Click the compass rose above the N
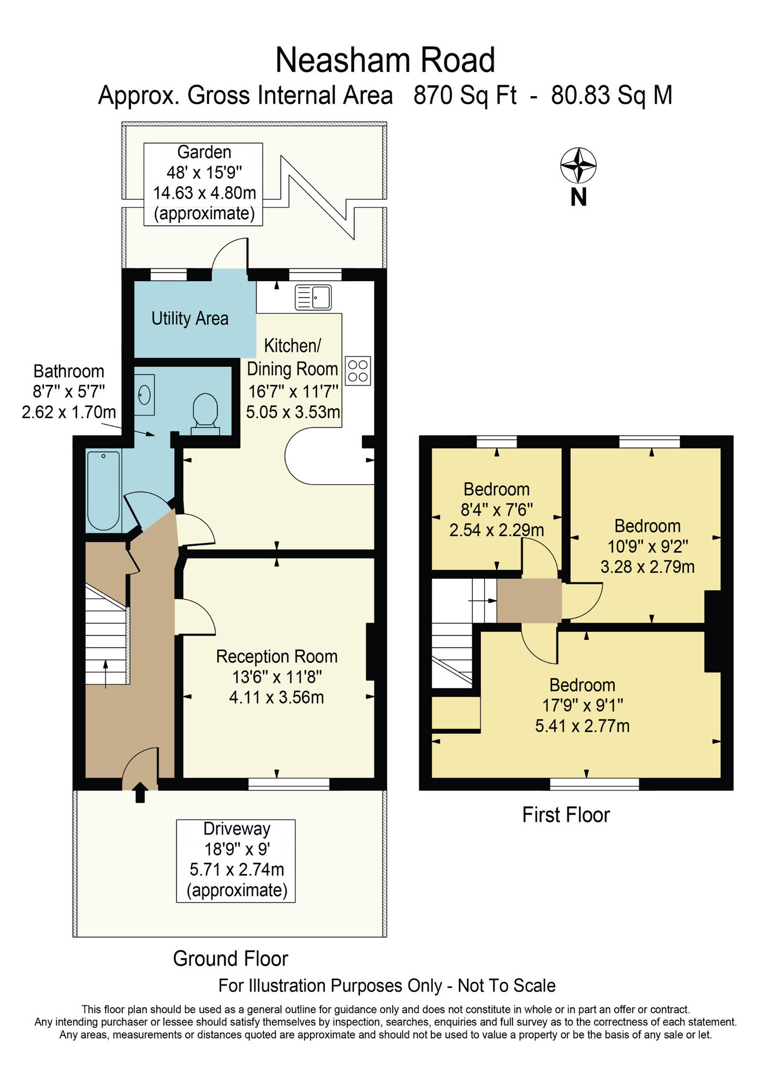[x=578, y=165]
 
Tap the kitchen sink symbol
[x=313, y=298]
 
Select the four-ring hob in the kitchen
[x=358, y=371]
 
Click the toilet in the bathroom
[x=205, y=412]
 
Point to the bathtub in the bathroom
[x=104, y=491]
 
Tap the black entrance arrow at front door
[x=140, y=792]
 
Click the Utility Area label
[x=189, y=318]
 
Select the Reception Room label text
[x=277, y=656]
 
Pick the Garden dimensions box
[x=203, y=183]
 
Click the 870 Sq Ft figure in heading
[x=465, y=96]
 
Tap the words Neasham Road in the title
[x=385, y=60]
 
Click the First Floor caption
[x=566, y=815]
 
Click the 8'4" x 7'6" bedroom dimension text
[x=496, y=509]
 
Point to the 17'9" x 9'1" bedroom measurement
[x=582, y=705]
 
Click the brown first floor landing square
[x=528, y=601]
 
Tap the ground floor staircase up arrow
[x=105, y=671]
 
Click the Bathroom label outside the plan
[x=69, y=371]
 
